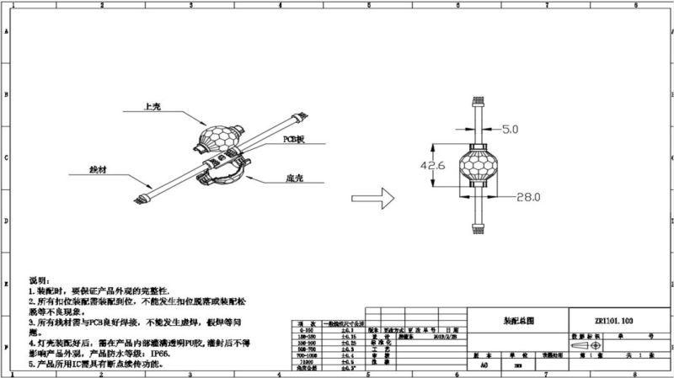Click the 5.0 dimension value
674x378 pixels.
click(511, 130)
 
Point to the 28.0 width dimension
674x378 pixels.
click(527, 196)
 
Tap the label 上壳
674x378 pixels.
click(152, 108)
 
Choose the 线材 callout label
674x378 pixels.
click(98, 169)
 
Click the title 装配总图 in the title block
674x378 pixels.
click(518, 321)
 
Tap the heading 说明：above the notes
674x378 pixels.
click(40, 280)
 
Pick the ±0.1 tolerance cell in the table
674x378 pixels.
click(345, 332)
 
